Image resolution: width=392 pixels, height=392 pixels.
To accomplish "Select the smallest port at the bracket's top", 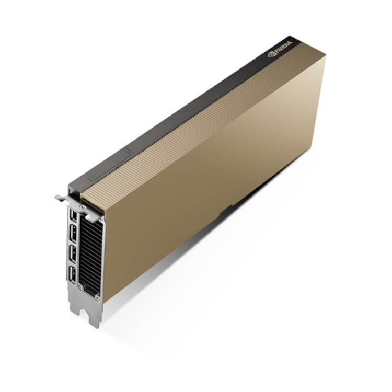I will coord(73,215).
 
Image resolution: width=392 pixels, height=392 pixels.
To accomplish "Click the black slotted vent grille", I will coord(90,252).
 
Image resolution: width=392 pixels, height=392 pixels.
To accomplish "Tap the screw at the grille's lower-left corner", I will coord(80,286).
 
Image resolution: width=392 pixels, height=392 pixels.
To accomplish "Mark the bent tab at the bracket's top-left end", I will coord(59,198).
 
